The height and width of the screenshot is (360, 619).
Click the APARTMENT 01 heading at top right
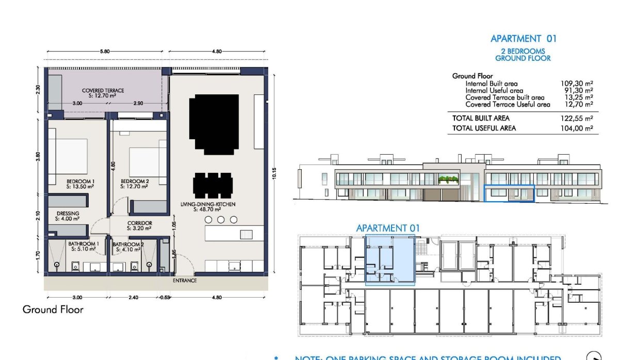pyautogui.click(x=523, y=39)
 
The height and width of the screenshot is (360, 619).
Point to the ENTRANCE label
pyautogui.click(x=185, y=281)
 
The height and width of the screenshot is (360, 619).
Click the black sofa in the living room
pyautogui.click(x=214, y=124)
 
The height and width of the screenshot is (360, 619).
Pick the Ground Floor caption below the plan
pyautogui.click(x=53, y=309)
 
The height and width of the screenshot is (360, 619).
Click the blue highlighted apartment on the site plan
pyautogui.click(x=390, y=259)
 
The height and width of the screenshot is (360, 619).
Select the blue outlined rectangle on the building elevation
pyautogui.click(x=509, y=193)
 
